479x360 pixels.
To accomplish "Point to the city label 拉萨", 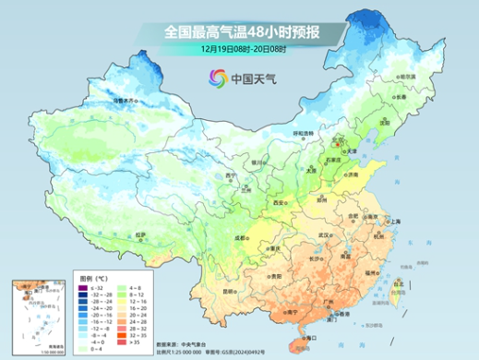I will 140,235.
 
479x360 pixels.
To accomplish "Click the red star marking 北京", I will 338,143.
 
